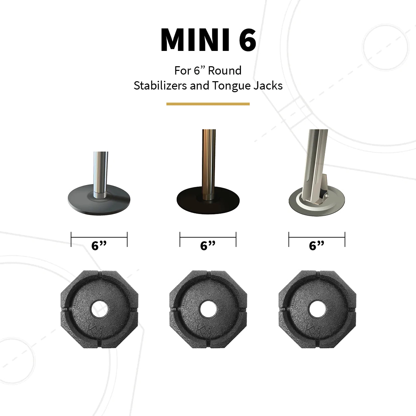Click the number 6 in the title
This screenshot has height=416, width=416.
click(247, 40)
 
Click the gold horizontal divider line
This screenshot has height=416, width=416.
click(208, 104)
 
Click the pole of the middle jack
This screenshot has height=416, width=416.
click(208, 160)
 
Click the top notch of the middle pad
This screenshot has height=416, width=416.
click(208, 275)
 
